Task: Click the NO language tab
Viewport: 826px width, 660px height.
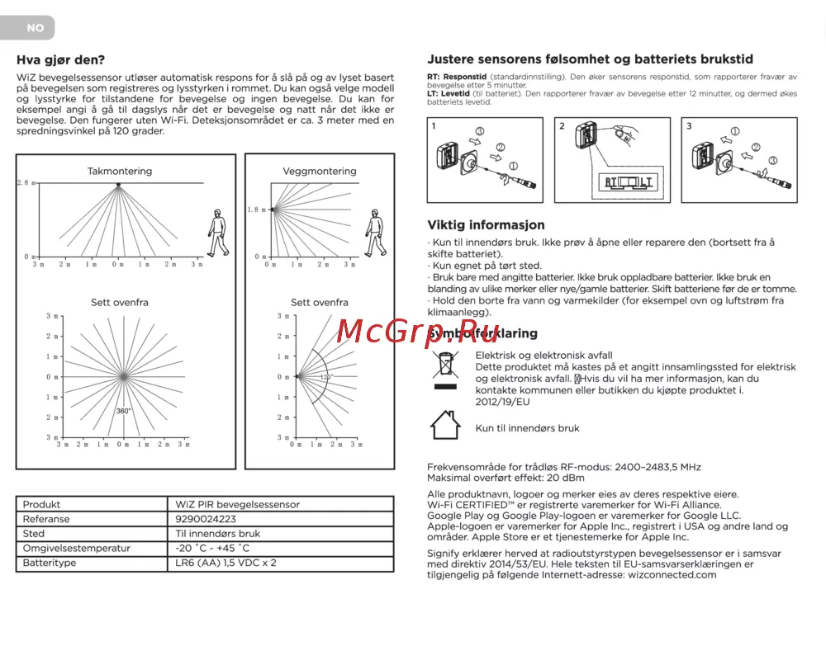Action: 35,28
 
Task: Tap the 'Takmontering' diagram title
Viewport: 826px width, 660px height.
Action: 120,171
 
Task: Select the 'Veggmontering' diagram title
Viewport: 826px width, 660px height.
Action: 320,171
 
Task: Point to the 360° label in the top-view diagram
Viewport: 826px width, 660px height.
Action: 123,411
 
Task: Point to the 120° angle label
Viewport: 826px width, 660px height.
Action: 326,377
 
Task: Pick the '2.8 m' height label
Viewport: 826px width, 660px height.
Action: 26,182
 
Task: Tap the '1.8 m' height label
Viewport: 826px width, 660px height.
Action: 257,210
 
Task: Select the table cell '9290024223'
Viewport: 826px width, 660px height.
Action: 206,519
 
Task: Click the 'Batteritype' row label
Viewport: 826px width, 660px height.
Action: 50,563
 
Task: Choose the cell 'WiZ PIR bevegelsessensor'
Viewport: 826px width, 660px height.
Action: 238,504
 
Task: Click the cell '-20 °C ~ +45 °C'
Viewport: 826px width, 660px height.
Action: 213,548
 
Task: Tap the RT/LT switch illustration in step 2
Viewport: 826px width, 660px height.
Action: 629,182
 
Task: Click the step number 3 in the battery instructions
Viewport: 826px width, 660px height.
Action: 690,126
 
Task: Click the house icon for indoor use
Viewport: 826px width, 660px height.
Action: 445,425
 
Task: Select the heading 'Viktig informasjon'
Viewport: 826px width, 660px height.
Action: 486,224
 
